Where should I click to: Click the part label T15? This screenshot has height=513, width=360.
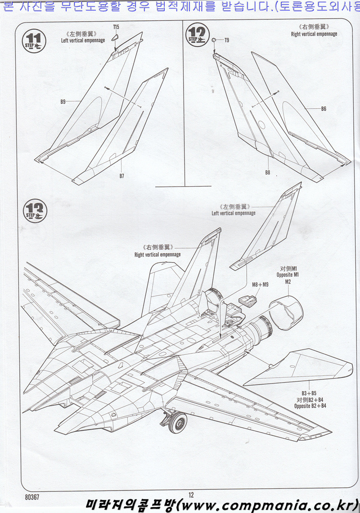(x=116, y=27)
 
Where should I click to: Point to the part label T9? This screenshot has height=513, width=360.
(x=227, y=40)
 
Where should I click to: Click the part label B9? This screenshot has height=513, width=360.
(x=63, y=102)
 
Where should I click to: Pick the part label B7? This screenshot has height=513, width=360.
(x=121, y=176)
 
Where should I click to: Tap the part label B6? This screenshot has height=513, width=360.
(x=324, y=109)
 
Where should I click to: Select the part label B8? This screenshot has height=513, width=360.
(x=267, y=172)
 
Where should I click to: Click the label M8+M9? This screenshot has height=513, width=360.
(x=260, y=284)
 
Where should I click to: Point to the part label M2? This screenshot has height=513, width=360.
(x=288, y=281)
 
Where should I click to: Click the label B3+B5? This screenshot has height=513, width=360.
(x=309, y=393)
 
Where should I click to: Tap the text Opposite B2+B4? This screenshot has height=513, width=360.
(x=310, y=406)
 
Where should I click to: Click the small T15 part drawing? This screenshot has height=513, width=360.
(x=115, y=37)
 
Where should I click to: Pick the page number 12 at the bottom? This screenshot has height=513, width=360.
(x=191, y=495)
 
